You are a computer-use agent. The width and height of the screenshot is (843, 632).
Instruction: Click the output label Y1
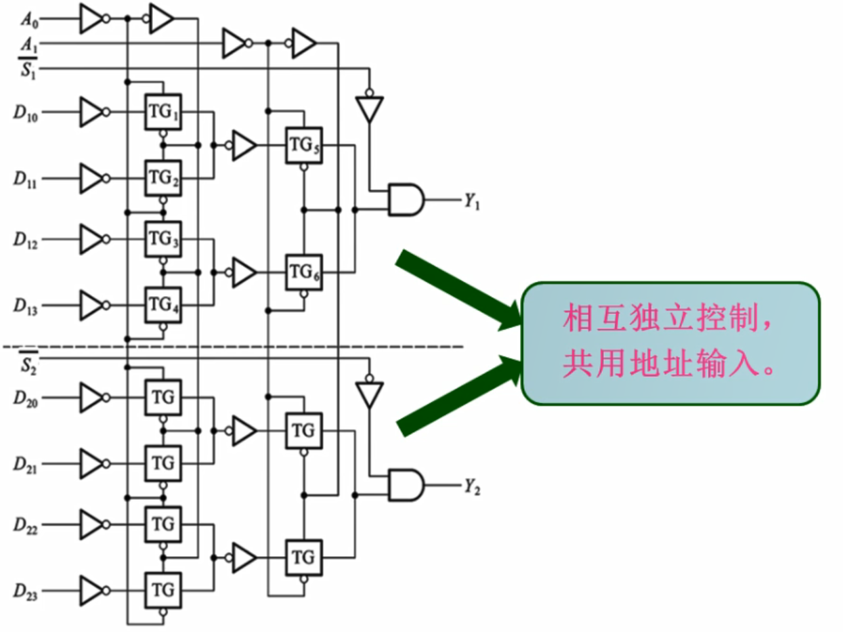(472, 201)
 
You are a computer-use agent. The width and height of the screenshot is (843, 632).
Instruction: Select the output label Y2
(472, 486)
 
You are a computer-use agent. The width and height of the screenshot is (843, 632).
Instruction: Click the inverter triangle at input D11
(91, 179)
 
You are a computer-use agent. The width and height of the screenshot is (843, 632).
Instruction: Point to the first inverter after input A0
(91, 19)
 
